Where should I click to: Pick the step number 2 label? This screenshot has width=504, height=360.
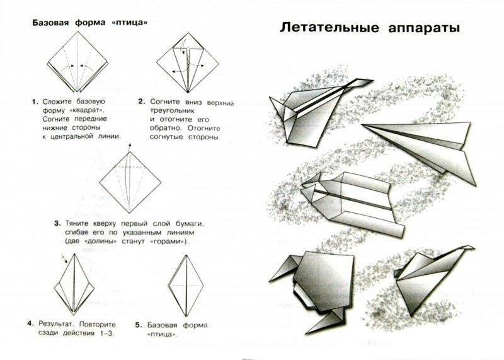pos(142,101)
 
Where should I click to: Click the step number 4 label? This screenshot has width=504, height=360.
pos(30,323)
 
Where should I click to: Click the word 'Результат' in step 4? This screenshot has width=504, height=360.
pos(56,323)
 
